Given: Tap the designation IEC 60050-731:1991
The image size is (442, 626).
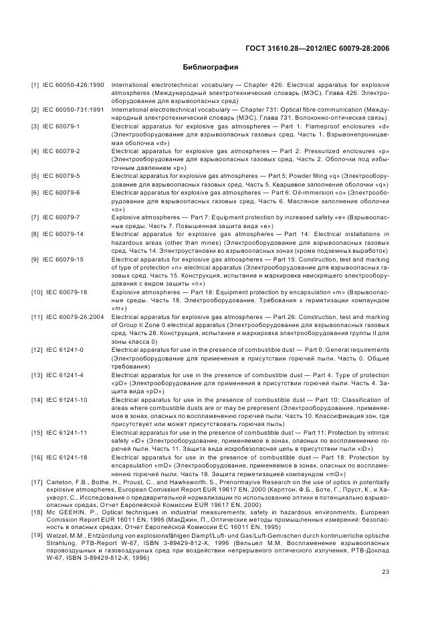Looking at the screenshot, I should point(74,108).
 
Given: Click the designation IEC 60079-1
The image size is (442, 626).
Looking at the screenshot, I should point(62,126).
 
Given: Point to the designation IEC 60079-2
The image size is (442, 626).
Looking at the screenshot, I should point(62,150).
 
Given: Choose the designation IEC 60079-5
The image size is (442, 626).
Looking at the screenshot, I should point(62,175).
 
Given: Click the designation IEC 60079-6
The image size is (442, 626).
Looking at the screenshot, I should point(62,193).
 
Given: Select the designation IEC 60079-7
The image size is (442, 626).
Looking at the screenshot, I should point(62,217).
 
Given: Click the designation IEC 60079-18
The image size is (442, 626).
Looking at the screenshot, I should point(64,292).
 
